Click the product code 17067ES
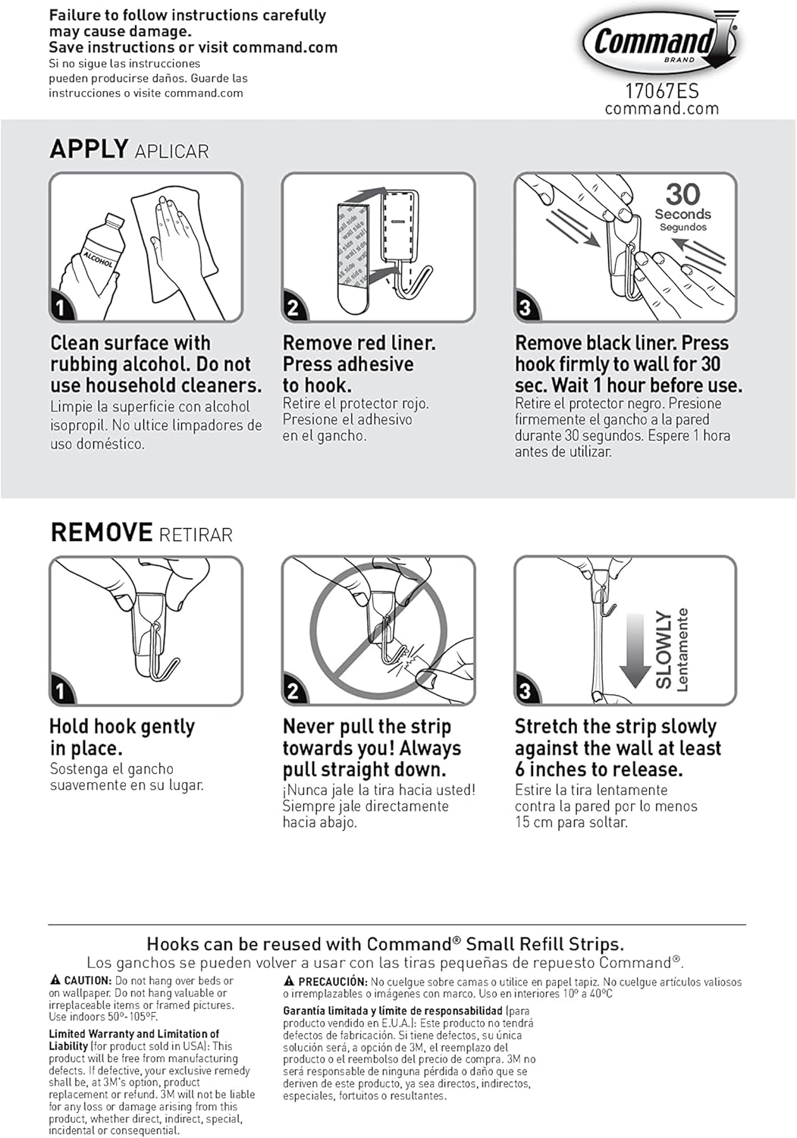pyautogui.click(x=661, y=91)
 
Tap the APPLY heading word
pyautogui.click(x=89, y=149)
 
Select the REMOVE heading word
pyautogui.click(x=102, y=533)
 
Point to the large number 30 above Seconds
pyautogui.click(x=682, y=194)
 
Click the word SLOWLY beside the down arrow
pyautogui.click(x=664, y=649)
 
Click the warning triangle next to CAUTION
pyautogui.click(x=55, y=980)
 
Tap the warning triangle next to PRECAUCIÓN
pyautogui.click(x=289, y=981)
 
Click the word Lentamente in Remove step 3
pyautogui.click(x=682, y=649)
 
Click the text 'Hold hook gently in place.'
pyautogui.click(x=121, y=737)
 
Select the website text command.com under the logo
pyautogui.click(x=661, y=108)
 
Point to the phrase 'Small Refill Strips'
pyautogui.click(x=544, y=944)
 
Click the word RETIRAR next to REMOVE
pyautogui.click(x=196, y=534)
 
